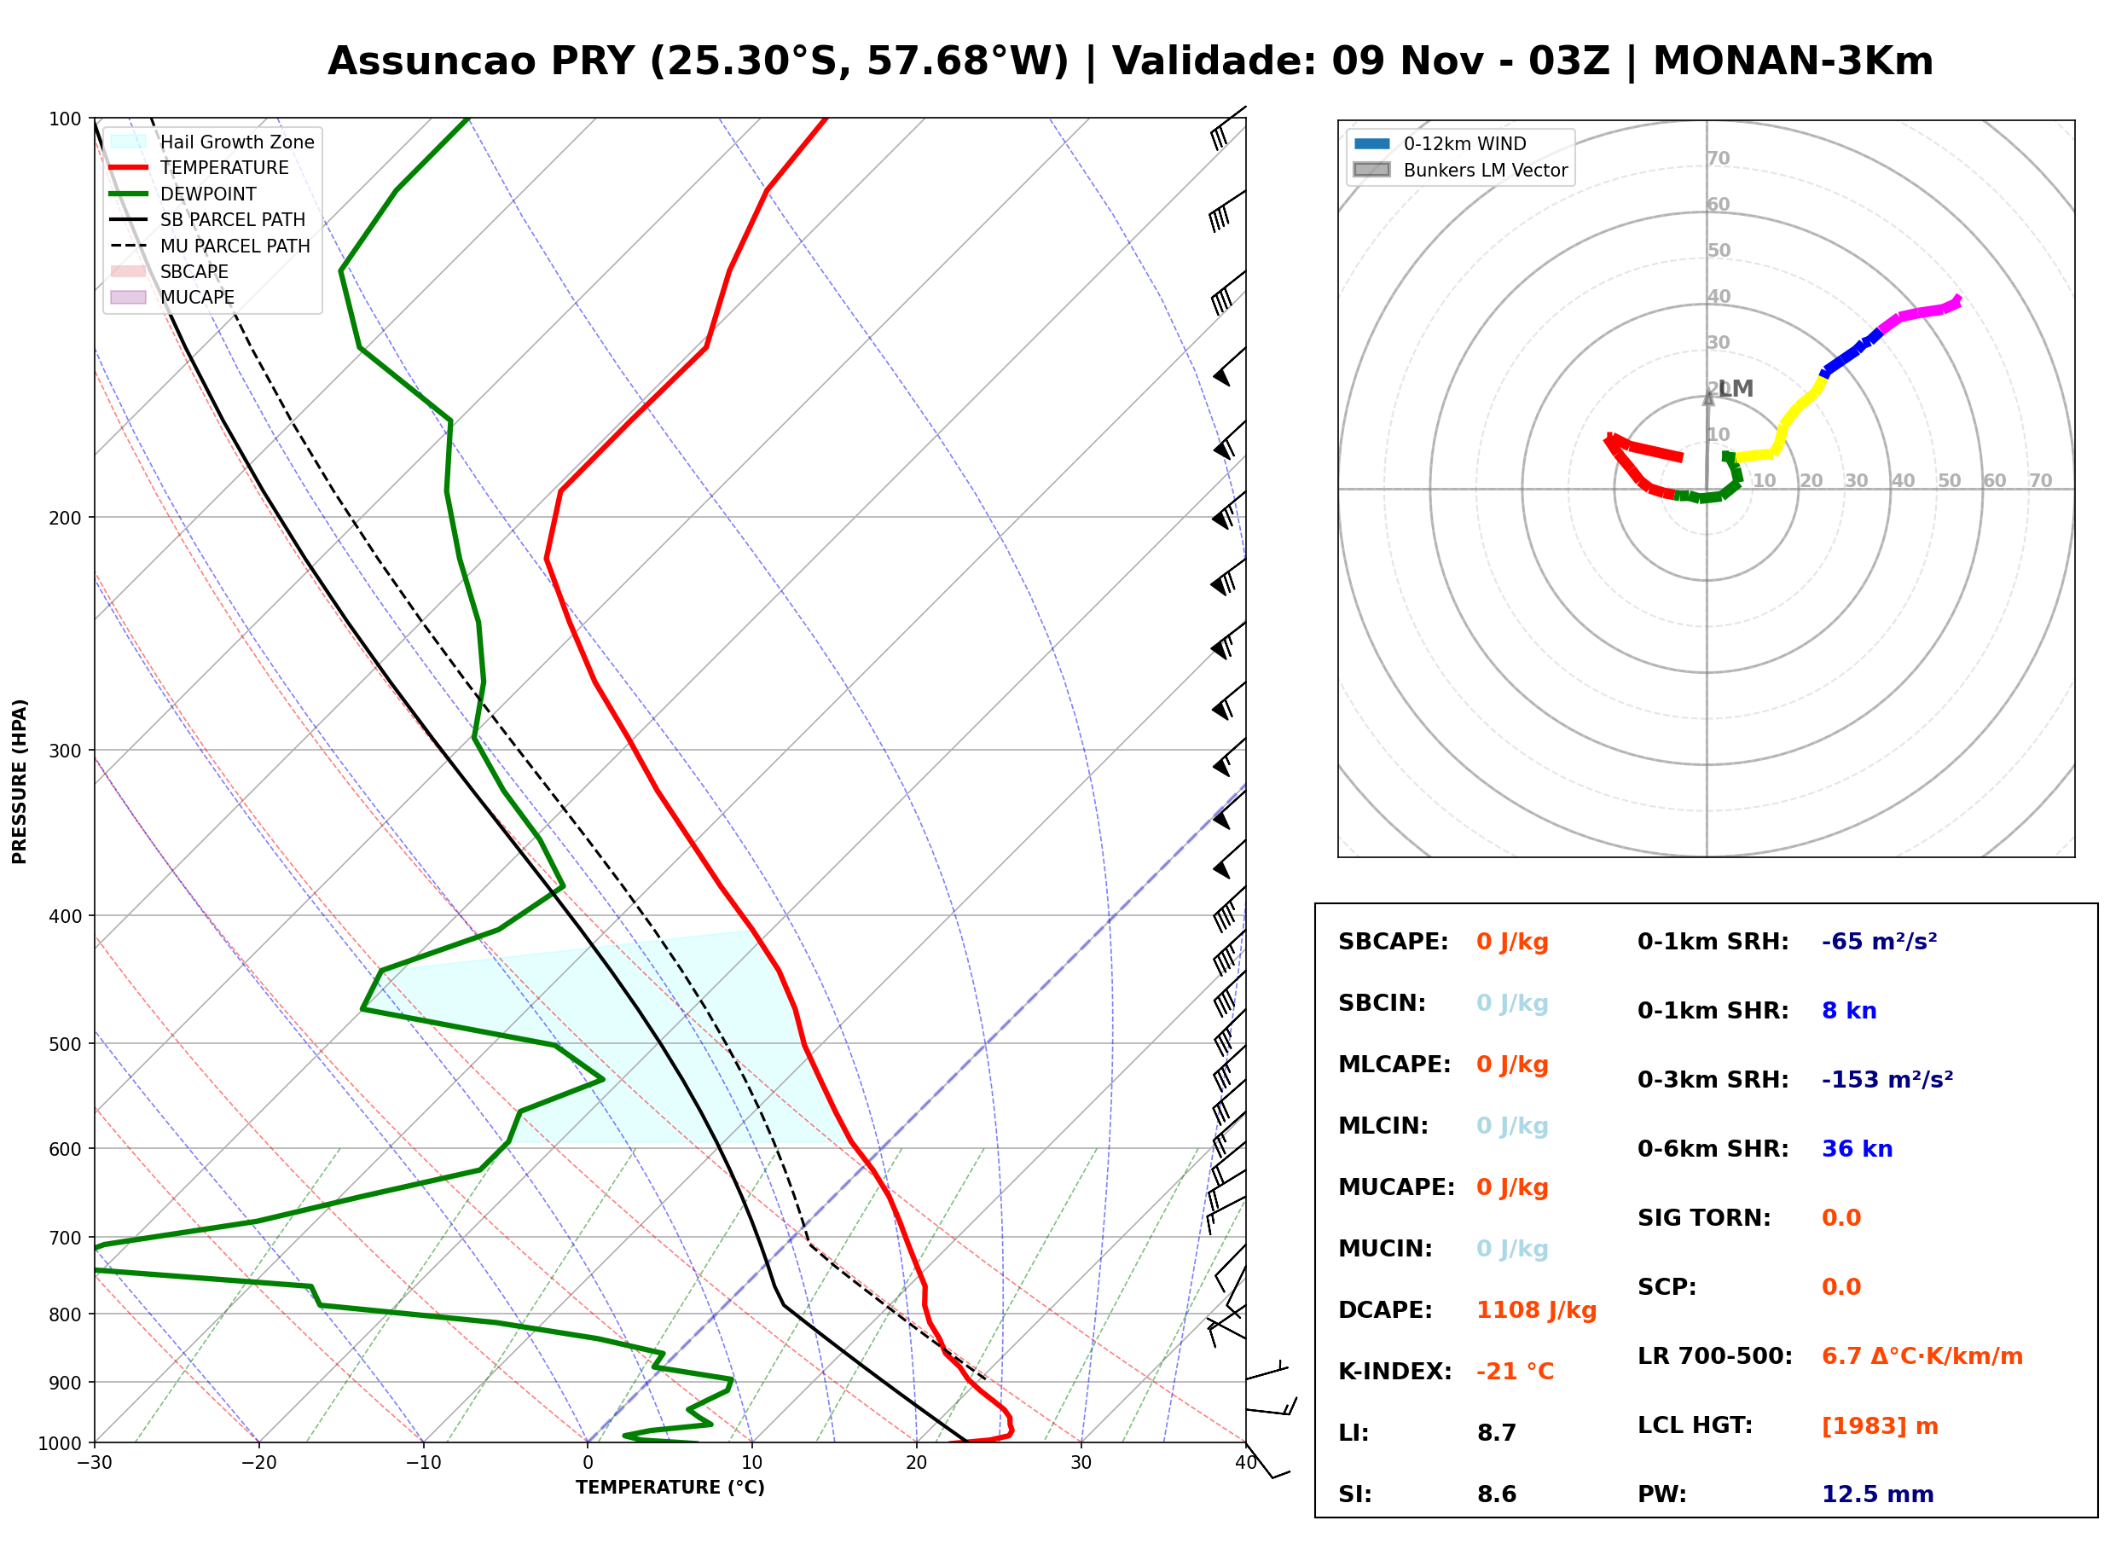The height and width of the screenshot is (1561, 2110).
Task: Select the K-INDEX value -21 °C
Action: pyautogui.click(x=1515, y=1371)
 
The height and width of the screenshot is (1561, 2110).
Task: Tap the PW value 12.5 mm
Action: pyautogui.click(x=1878, y=1494)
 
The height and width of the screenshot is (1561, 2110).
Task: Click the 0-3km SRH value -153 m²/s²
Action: pyautogui.click(x=1887, y=1079)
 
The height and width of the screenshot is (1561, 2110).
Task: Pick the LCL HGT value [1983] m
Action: pyautogui.click(x=1880, y=1426)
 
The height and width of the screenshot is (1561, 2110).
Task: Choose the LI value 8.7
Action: pyautogui.click(x=1497, y=1432)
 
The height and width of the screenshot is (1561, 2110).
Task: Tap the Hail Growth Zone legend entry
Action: pyautogui.click(x=212, y=142)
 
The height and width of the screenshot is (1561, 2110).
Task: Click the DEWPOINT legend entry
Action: pyautogui.click(x=183, y=194)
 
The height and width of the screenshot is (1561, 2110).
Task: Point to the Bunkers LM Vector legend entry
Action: pyautogui.click(x=1460, y=170)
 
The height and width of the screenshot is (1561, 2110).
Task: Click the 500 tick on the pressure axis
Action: pyautogui.click(x=65, y=1044)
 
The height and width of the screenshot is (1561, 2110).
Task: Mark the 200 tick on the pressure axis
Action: pyautogui.click(x=65, y=518)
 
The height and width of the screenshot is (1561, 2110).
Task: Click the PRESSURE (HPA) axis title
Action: pyautogui.click(x=20, y=781)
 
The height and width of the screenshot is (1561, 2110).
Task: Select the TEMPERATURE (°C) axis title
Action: pyautogui.click(x=670, y=1488)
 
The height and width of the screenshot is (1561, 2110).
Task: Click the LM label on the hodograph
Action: pyautogui.click(x=1736, y=388)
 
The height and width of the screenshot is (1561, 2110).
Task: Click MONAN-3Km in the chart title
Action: pyautogui.click(x=1793, y=61)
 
